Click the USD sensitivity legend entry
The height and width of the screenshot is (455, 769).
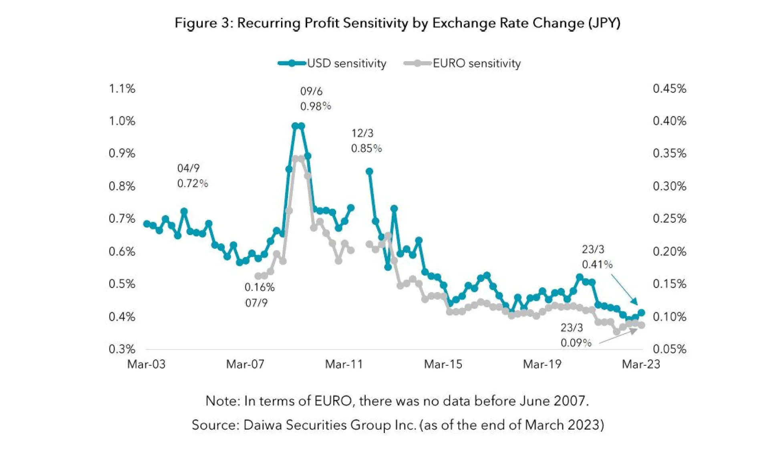[x=332, y=63]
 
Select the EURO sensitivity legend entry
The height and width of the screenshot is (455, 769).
[x=463, y=63]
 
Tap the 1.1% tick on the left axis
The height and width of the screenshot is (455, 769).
[x=122, y=89]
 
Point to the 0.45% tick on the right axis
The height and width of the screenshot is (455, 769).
[x=669, y=89]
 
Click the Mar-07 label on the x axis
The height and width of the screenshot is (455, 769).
[x=245, y=364]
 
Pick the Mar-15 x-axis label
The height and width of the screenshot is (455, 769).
[x=443, y=364]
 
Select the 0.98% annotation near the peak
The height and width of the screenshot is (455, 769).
[x=316, y=106]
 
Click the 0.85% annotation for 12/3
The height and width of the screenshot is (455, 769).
[x=366, y=149]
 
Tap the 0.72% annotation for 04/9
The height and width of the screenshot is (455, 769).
[x=192, y=183]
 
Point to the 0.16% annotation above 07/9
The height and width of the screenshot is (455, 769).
[x=260, y=287]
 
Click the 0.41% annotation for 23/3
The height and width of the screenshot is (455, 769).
[x=597, y=264]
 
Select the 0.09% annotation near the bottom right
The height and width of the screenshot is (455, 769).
[x=576, y=343]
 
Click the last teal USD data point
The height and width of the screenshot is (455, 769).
[x=641, y=312]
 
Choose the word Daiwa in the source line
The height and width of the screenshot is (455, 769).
[x=262, y=425]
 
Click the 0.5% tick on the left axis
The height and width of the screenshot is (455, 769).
[x=122, y=284]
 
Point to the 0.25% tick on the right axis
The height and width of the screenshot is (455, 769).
[x=669, y=219]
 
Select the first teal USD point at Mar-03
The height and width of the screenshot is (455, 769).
[x=147, y=223]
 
